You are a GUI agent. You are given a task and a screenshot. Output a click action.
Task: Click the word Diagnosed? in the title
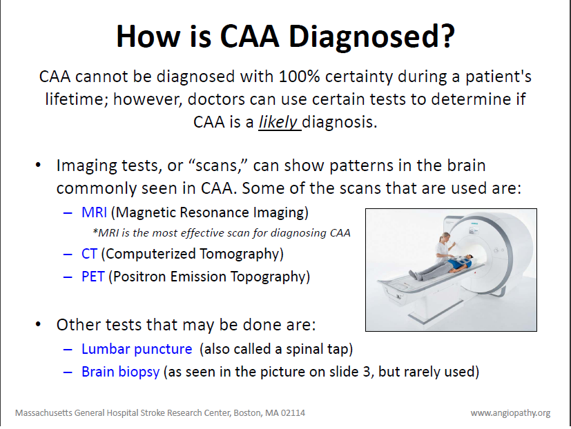tap(371, 36)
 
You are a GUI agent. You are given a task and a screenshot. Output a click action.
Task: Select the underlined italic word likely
tap(279, 121)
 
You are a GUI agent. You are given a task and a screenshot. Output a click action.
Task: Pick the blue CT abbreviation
tap(89, 254)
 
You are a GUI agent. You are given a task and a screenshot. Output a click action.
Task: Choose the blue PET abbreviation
tap(92, 277)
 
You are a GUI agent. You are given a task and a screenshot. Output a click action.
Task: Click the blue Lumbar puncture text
tap(136, 348)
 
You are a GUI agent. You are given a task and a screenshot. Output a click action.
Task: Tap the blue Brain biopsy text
tap(120, 372)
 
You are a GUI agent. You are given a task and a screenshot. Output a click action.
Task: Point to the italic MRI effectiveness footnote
tap(221, 232)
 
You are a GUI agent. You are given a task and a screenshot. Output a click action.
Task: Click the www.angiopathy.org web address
tap(510, 412)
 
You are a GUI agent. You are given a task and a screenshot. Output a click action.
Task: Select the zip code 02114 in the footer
tap(291, 412)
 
